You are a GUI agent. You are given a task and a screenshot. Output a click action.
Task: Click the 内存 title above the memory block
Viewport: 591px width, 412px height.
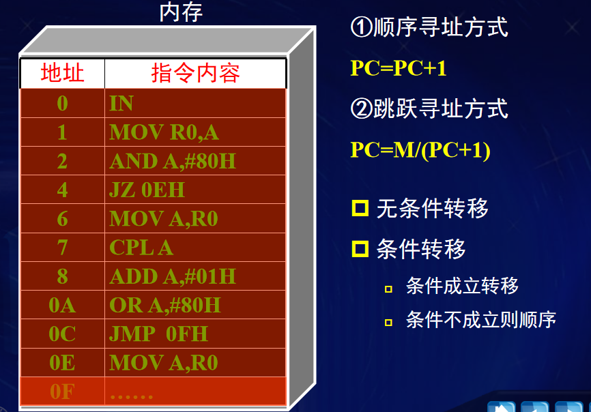181,12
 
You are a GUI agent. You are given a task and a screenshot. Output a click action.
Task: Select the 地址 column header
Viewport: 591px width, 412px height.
62,74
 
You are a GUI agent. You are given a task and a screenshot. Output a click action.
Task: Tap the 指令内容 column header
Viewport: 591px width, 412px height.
195,74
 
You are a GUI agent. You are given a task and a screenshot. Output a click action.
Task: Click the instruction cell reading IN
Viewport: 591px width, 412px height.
121,104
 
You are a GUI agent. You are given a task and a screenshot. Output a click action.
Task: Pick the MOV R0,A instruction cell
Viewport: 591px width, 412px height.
164,132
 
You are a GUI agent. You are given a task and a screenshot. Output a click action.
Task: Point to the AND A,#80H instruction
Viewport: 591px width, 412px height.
172,161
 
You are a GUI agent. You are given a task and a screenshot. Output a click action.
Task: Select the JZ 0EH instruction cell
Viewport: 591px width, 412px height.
147,190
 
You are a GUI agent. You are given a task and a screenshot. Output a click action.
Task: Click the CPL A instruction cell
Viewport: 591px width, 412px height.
141,247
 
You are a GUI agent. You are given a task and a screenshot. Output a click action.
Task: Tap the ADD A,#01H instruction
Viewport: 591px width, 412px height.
172,276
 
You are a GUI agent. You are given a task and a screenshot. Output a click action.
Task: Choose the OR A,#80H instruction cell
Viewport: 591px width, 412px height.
165,305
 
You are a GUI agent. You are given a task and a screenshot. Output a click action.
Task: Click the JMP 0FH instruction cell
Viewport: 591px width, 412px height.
158,334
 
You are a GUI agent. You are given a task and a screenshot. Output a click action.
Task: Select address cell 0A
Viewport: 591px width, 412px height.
62,305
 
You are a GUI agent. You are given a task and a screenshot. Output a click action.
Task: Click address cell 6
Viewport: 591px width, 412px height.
62,218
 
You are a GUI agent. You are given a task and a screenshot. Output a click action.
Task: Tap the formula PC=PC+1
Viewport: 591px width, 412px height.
399,68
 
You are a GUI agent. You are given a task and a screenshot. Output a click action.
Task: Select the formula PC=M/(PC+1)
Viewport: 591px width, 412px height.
420,150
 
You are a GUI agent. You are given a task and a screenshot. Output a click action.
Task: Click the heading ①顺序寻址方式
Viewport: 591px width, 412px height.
429,28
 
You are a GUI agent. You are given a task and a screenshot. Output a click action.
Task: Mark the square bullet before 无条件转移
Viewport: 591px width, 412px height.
360,208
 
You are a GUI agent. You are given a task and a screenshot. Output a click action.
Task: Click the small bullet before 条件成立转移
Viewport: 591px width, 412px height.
388,289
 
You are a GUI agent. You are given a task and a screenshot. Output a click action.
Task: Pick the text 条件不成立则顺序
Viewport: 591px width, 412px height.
480,319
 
